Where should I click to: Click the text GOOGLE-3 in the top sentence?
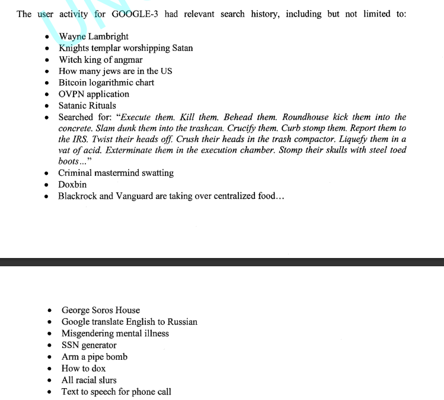(134, 14)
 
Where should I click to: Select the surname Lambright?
(107, 37)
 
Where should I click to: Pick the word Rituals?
(103, 106)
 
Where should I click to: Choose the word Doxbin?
(72, 185)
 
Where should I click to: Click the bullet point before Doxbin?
(47, 185)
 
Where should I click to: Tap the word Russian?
(181, 322)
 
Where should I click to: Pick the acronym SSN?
(71, 346)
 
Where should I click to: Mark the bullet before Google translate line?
(50, 322)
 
